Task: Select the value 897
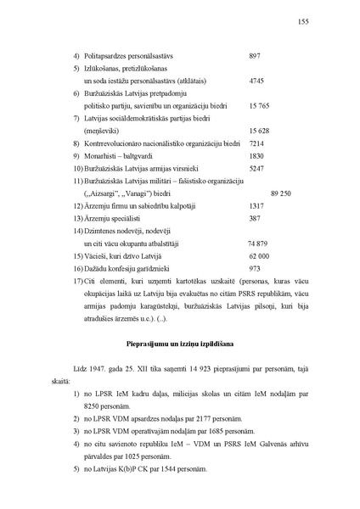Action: click(x=254, y=56)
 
